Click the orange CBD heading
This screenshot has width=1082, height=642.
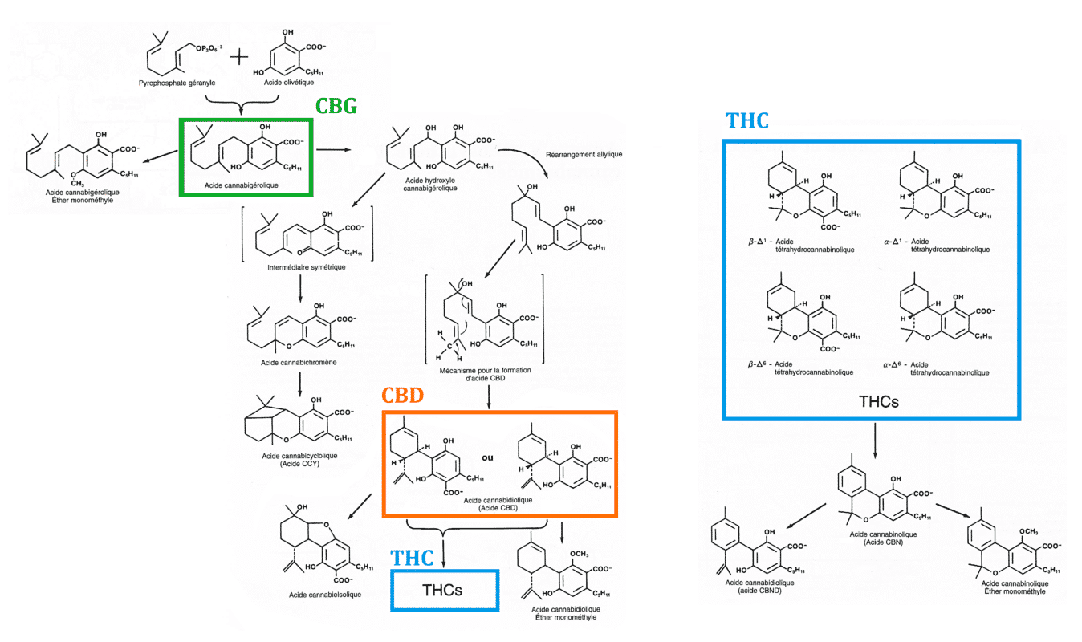pos(402,396)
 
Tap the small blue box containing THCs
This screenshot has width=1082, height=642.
pos(445,591)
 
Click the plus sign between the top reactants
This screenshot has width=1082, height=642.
pos(239,58)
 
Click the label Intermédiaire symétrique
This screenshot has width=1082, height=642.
pos(305,266)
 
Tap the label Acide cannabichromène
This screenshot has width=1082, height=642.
pos(298,363)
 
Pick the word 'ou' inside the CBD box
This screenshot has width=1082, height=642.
pos(487,460)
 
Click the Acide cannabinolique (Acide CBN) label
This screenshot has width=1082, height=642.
pos(876,537)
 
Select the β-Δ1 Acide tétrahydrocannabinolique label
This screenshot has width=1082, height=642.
pos(800,245)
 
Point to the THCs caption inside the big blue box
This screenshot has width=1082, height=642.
pos(872,399)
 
